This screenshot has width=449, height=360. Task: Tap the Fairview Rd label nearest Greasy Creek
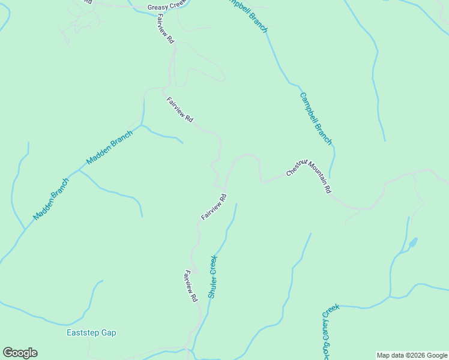(x=165, y=29)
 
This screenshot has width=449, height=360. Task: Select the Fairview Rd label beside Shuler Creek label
(x=191, y=287)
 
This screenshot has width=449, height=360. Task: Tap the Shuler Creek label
(x=212, y=277)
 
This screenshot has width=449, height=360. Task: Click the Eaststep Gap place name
(x=91, y=332)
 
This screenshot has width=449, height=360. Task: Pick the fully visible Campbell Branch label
(x=316, y=118)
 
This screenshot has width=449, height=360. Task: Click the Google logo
(x=20, y=353)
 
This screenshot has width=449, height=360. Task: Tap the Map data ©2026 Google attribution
(x=412, y=355)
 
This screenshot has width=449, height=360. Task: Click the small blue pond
(x=412, y=244)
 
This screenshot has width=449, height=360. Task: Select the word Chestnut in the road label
(x=297, y=167)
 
